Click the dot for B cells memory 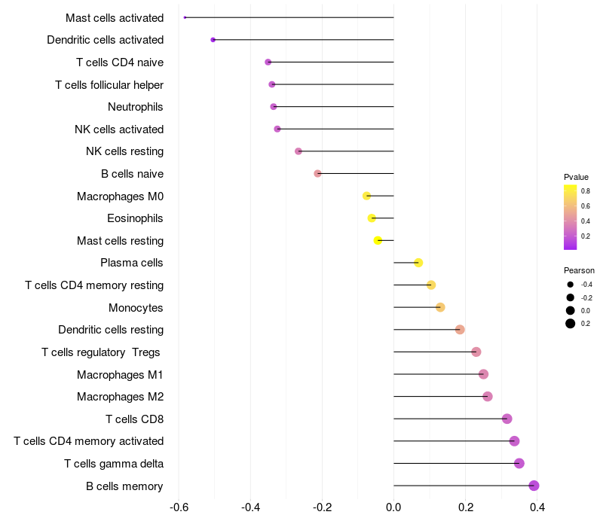point(534,486)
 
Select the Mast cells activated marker point(185,17)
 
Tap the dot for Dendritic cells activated point(213,39)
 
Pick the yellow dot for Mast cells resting point(378,240)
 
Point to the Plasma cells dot point(418,263)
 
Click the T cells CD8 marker point(507,419)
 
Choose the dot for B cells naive point(317,173)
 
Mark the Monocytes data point point(440,307)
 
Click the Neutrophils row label point(136,107)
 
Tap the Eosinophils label point(136,218)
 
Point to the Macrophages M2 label point(120,397)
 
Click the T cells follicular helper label point(109,84)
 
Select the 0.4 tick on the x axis point(537,507)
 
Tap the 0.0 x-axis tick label point(393,507)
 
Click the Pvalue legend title point(576,177)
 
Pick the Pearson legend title point(579,270)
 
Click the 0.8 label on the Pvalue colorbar point(586,191)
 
